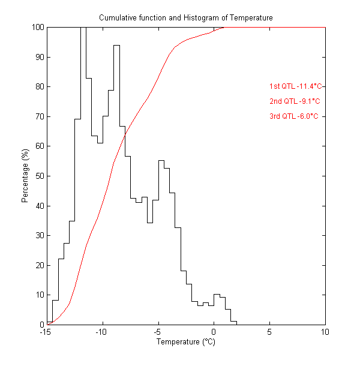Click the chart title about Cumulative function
(x=185, y=18)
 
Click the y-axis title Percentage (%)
(x=25, y=176)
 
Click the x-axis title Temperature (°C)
(x=185, y=343)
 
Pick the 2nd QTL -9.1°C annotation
(x=295, y=101)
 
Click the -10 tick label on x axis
(x=102, y=332)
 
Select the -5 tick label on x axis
(x=158, y=332)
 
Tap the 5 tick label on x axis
(x=269, y=332)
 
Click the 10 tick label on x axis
(x=325, y=332)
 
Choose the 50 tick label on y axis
(x=38, y=176)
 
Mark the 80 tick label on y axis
(x=38, y=86)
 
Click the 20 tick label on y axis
(x=38, y=265)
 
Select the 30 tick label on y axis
(x=38, y=235)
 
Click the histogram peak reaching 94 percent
(x=116, y=46)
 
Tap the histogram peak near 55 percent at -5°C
(x=161, y=161)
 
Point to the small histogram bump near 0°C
(x=217, y=295)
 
